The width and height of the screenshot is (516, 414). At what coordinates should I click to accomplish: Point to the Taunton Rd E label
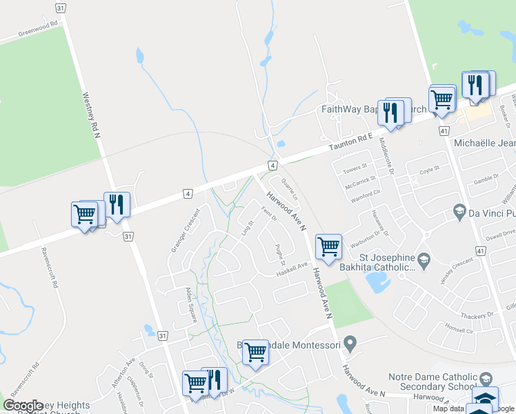350,141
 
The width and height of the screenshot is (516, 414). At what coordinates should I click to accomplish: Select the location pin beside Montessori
351,343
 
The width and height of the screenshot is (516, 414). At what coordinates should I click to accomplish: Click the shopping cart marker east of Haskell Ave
328,246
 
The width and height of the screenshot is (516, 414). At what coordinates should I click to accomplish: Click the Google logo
23,406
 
